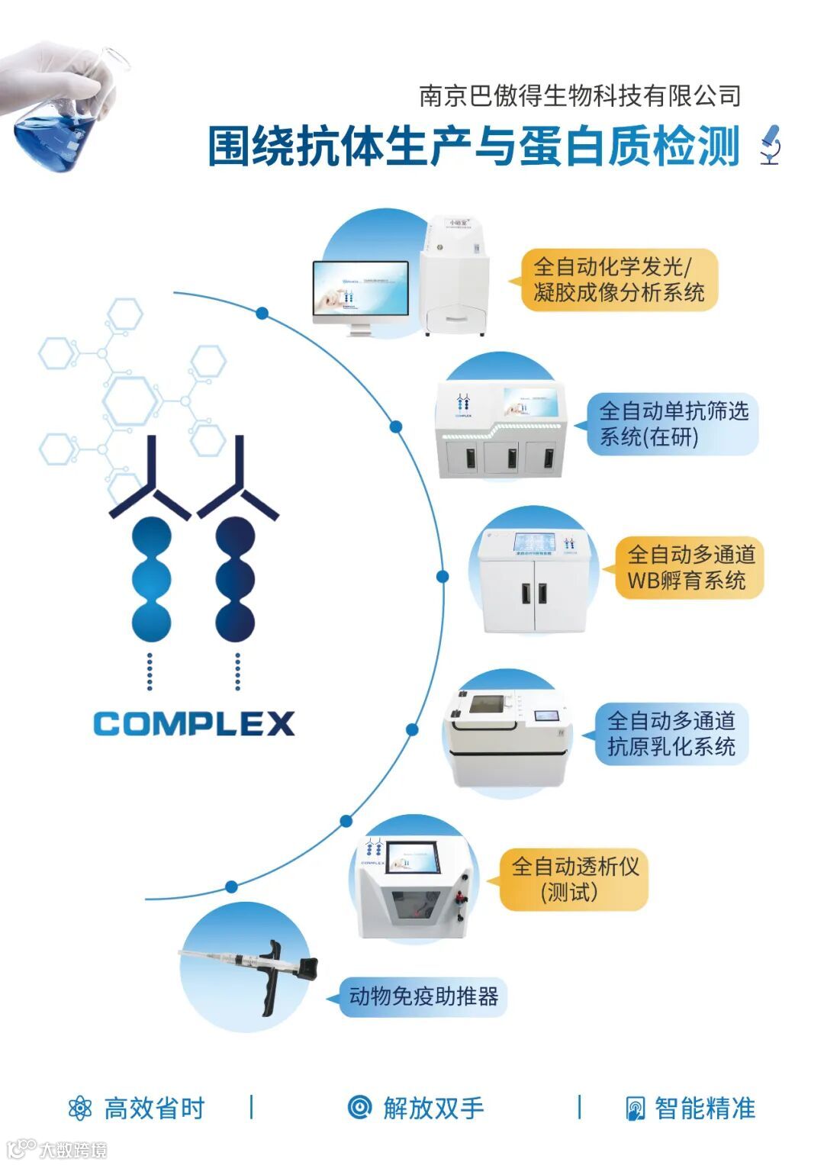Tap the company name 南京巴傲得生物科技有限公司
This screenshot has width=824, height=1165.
[x=580, y=96]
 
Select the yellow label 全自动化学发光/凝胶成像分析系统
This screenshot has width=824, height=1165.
[x=619, y=279]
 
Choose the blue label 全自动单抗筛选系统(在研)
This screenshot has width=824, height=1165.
[x=673, y=423]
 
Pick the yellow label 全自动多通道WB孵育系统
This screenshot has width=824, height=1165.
[x=690, y=568]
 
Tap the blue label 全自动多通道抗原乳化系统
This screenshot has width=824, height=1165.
[x=671, y=733]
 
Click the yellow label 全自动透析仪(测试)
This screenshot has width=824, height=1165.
[x=574, y=879]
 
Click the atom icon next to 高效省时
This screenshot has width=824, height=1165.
[x=79, y=1109]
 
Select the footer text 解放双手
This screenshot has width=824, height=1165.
[x=433, y=1109]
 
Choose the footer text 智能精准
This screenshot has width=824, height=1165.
[x=705, y=1109]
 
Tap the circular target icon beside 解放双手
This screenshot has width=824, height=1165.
[x=359, y=1107]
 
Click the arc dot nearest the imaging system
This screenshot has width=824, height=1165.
[x=262, y=313]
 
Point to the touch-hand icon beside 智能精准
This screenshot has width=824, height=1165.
[x=634, y=1109]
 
